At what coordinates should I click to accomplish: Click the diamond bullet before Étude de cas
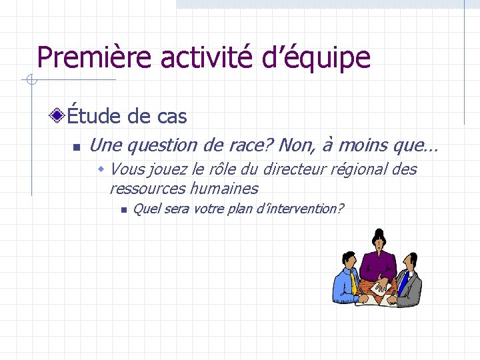pos(59,117)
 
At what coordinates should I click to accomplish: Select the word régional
pos(361,170)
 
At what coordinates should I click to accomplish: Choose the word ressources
pos(147,189)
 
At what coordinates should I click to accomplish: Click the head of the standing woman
pos(378,239)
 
